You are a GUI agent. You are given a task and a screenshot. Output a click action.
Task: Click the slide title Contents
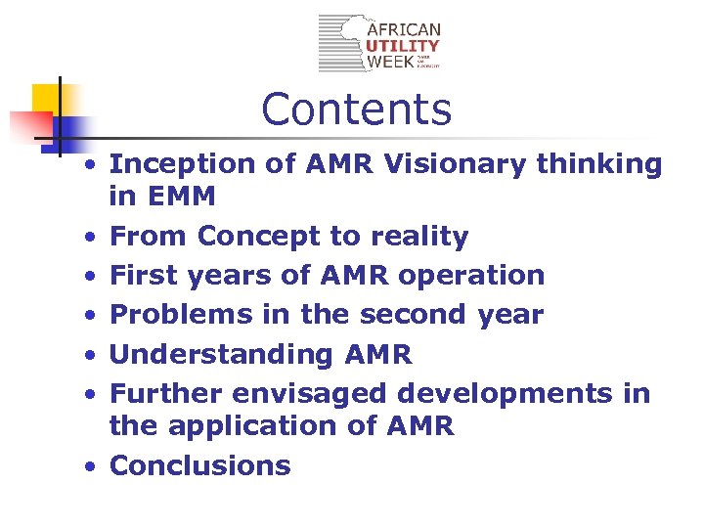(357, 110)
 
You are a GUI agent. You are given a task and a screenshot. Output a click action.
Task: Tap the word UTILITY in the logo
(403, 46)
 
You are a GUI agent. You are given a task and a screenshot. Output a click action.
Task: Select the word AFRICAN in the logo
(403, 29)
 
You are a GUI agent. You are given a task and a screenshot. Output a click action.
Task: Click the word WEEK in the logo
(390, 62)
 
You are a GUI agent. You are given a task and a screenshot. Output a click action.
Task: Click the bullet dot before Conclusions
(89, 466)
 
